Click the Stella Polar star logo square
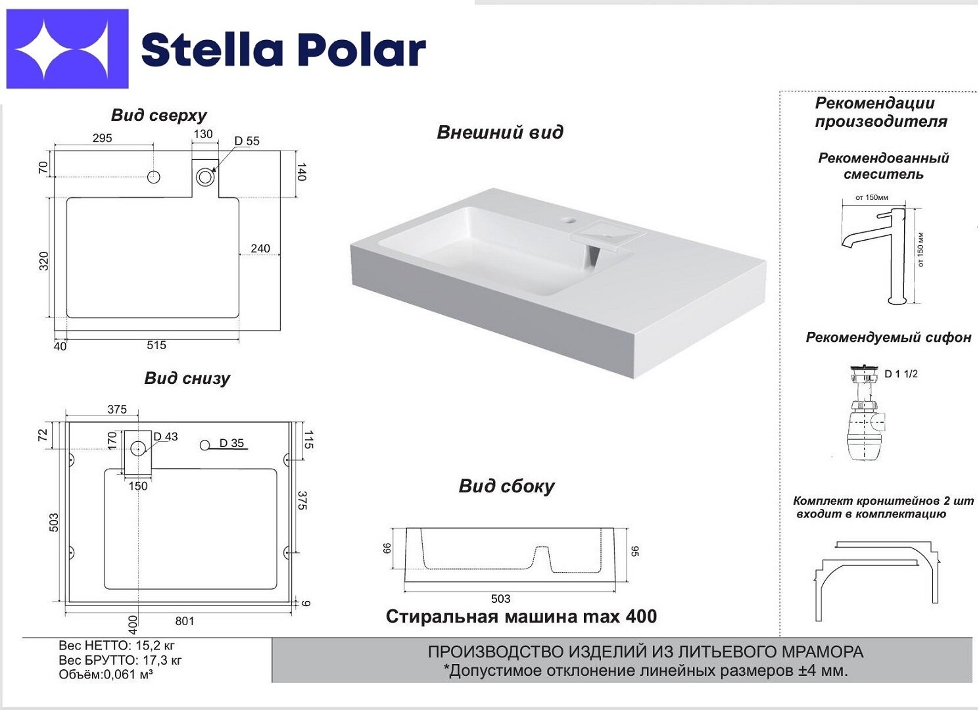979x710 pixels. [67, 49]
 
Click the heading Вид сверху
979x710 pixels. [158, 115]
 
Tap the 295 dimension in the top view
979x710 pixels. [103, 138]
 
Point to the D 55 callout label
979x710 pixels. [247, 141]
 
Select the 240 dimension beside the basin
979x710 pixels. [260, 248]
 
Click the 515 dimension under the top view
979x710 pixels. [156, 345]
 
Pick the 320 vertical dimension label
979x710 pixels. [44, 261]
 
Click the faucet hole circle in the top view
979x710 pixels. [153, 177]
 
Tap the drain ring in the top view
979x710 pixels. [205, 177]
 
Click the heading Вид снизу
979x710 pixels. [187, 378]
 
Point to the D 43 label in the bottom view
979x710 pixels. [166, 436]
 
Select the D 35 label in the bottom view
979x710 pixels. [231, 443]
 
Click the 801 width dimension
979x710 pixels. [185, 621]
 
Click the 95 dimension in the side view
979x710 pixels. [635, 551]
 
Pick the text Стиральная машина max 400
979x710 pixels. [521, 617]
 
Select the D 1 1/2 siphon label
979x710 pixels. [901, 373]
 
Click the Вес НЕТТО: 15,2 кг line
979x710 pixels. [116, 646]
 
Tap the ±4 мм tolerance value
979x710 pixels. [827, 671]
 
